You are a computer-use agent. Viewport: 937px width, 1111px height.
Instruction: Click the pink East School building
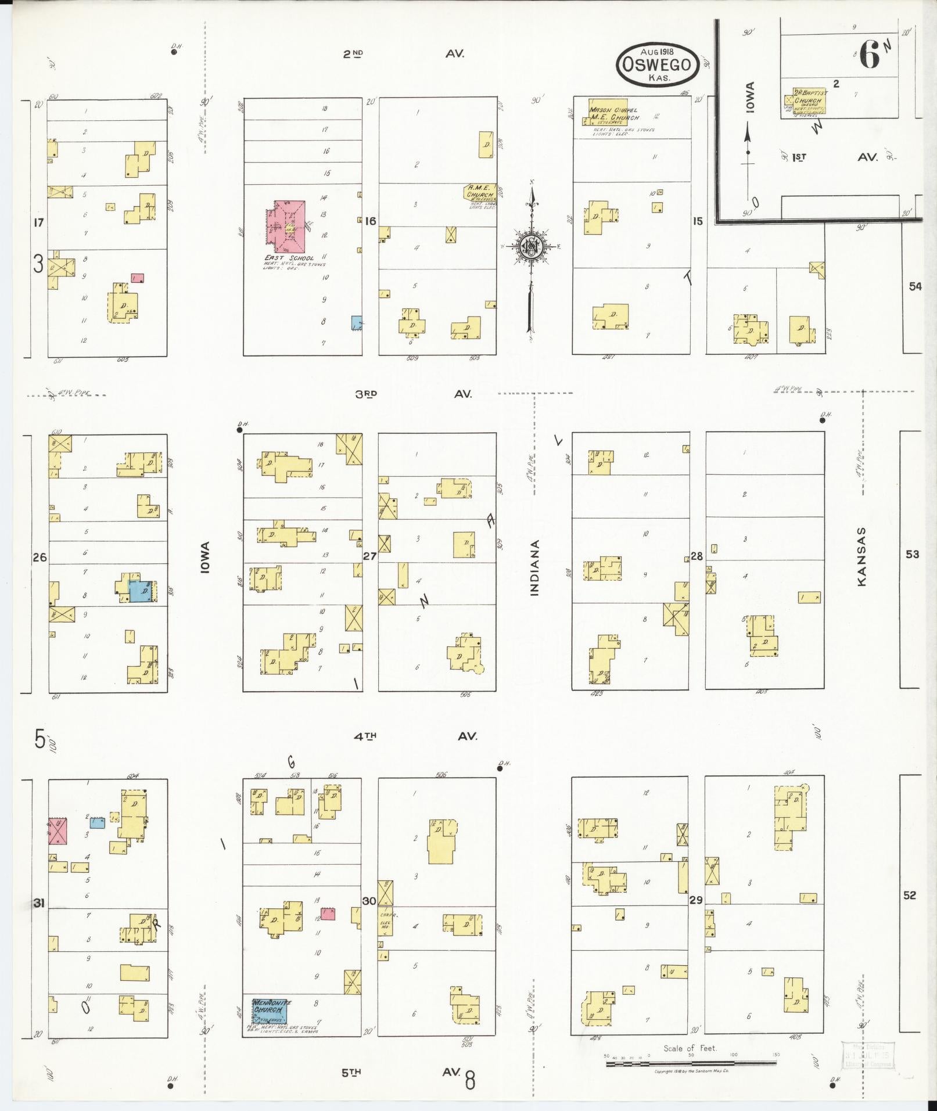(286, 225)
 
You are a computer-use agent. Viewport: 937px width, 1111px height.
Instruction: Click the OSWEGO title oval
(657, 65)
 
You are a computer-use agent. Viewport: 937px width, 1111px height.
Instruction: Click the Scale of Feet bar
(691, 1064)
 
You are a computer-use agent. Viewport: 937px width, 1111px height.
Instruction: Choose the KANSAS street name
(861, 556)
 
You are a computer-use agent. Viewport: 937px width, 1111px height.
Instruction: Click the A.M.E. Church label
(480, 191)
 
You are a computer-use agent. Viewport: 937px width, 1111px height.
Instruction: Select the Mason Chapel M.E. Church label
(615, 113)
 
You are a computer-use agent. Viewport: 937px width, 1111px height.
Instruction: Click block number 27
(369, 556)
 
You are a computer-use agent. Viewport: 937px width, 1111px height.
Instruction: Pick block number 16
(371, 221)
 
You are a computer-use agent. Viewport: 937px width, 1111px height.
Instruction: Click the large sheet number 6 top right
(870, 56)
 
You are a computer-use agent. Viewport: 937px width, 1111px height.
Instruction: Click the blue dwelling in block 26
(141, 591)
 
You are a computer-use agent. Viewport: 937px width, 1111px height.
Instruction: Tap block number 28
(697, 556)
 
